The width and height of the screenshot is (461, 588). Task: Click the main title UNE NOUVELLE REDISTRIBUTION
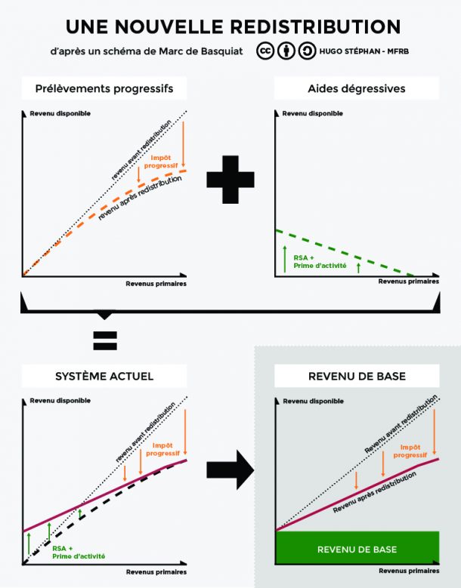pyautogui.click(x=233, y=26)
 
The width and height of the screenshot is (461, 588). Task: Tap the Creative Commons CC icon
pyautogui.click(x=265, y=51)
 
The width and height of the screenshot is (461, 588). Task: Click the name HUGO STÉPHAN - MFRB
pyautogui.click(x=364, y=51)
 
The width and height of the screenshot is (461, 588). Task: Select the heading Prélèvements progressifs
pyautogui.click(x=104, y=88)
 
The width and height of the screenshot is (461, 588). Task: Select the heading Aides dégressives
pyautogui.click(x=356, y=88)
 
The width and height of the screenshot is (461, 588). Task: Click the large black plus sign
pyautogui.click(x=230, y=180)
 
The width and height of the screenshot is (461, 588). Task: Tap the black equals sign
pyautogui.click(x=105, y=340)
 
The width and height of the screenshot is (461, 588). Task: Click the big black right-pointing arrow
pyautogui.click(x=230, y=470)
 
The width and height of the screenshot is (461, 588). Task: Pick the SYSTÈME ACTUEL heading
pyautogui.click(x=104, y=376)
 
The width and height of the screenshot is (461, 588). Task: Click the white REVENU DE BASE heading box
pyautogui.click(x=357, y=376)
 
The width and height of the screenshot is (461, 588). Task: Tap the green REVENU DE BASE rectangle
pyautogui.click(x=357, y=547)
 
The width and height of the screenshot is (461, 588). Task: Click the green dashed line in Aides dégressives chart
pyautogui.click(x=345, y=252)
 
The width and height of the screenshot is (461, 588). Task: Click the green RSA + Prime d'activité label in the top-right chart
pyautogui.click(x=320, y=262)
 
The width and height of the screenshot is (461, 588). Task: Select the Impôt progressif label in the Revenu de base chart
pyautogui.click(x=410, y=451)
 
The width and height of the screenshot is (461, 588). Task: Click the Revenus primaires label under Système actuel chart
pyautogui.click(x=156, y=572)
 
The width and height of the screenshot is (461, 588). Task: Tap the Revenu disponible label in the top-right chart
pyautogui.click(x=312, y=113)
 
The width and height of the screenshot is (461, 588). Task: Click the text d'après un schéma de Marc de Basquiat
pyautogui.click(x=147, y=51)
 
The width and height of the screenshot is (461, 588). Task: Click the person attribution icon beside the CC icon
pyautogui.click(x=286, y=51)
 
